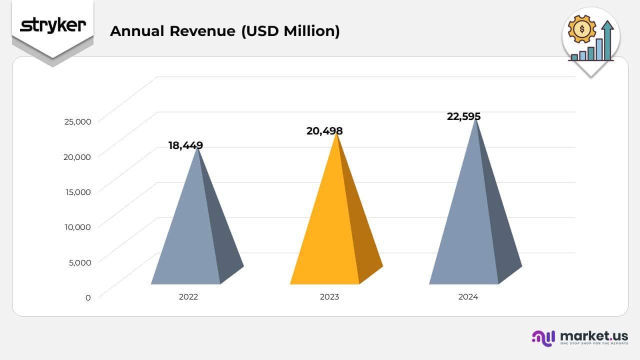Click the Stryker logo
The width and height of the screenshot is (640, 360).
tap(52, 25)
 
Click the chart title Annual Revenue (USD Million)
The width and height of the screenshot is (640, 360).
tap(224, 31)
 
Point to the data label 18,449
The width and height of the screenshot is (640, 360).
tap(185, 145)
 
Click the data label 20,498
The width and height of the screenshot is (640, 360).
tap(324, 131)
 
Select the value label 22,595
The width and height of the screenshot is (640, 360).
tap(463, 116)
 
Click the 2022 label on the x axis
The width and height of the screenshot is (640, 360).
tap(188, 296)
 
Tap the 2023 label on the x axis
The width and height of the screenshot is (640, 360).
tap(329, 296)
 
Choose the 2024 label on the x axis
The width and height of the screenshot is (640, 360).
tap(468, 296)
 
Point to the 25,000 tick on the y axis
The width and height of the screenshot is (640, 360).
tap(77, 121)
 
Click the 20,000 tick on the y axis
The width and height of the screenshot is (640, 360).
tap(77, 156)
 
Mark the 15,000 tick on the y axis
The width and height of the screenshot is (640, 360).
tap(77, 191)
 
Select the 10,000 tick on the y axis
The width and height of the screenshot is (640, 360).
tap(77, 226)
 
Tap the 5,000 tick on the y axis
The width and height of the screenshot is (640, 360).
tap(80, 262)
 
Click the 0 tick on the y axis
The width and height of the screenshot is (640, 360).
tap(88, 297)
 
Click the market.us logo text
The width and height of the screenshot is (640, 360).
tap(594, 335)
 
